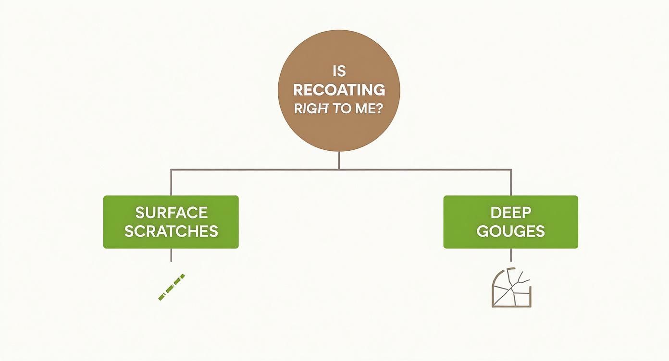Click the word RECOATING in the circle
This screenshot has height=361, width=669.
click(339, 90)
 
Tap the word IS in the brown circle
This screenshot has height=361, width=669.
click(339, 72)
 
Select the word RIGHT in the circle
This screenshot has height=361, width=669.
click(311, 108)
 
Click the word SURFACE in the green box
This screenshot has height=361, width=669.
click(171, 212)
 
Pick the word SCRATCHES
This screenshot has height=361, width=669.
click(171, 231)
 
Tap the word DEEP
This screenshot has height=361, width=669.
click(510, 212)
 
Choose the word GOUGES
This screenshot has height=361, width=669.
click(510, 231)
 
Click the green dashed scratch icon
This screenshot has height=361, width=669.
click(172, 287)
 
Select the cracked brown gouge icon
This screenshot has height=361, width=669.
click(511, 288)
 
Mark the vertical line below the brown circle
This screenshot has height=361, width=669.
click(339, 160)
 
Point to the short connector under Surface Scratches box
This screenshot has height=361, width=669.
click(171, 255)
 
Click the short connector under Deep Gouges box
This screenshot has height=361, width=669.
click(511, 255)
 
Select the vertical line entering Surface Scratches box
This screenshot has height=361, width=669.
click(171, 182)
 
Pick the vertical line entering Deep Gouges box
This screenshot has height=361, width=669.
click(511, 182)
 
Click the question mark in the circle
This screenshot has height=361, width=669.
click(381, 108)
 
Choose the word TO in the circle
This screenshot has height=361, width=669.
click(342, 108)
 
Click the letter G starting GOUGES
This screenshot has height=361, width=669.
click(483, 231)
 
